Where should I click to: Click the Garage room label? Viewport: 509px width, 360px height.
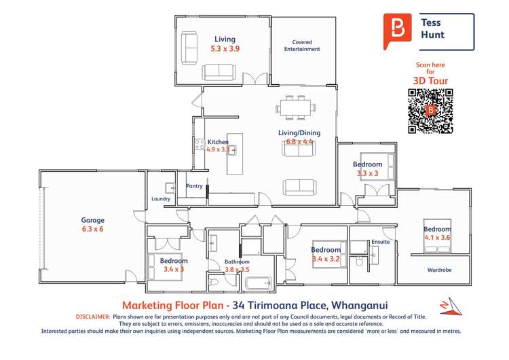point(93,220)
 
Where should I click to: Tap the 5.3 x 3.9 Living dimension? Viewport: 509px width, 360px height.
point(225,49)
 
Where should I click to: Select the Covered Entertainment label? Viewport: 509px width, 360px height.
point(301,46)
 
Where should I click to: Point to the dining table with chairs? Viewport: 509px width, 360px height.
point(295,107)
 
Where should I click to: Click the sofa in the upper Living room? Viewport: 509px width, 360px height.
point(219,71)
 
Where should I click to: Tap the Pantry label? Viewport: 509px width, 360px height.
point(195,185)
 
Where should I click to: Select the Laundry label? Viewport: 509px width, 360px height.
point(161,199)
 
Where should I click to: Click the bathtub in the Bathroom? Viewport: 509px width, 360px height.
point(258,283)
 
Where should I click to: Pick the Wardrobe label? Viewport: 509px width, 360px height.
point(438,270)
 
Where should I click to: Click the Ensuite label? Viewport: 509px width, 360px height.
point(381,241)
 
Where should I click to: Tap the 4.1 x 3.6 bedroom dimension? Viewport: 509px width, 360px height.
point(438,238)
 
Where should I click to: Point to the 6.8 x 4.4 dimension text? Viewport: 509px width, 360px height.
point(299,142)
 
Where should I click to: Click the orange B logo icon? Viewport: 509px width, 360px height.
point(396,29)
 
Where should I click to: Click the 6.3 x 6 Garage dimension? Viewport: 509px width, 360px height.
point(92,230)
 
